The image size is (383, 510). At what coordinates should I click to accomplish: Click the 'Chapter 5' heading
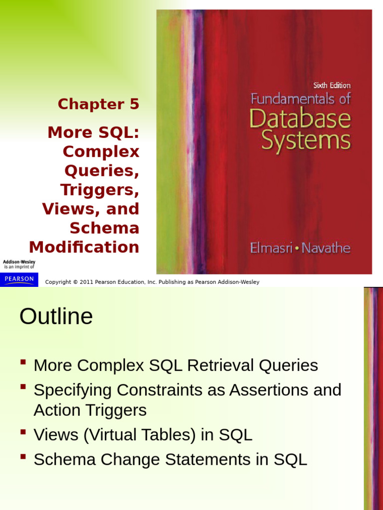pos(98,104)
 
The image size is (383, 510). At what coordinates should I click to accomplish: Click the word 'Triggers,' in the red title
pos(100,190)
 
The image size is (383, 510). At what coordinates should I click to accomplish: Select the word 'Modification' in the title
pos(84,247)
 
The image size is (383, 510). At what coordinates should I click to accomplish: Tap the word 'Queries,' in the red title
pos(102,171)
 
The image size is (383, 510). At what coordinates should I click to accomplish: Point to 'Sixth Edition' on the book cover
pos(332,85)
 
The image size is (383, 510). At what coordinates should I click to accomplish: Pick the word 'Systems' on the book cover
pos(306,140)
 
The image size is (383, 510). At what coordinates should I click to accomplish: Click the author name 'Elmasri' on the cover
pos(271,248)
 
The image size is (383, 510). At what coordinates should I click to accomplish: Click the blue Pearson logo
pos(19,279)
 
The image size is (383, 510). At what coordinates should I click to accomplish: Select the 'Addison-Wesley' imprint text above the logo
pos(19,262)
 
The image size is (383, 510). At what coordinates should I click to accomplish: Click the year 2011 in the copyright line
pos(86,282)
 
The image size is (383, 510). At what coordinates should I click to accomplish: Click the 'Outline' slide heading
pos(56,316)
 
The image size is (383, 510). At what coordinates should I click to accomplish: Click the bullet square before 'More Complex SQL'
pos(23,362)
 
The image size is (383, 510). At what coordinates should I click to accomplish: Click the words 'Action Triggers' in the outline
pos(90,410)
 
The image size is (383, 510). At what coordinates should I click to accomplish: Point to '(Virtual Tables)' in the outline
pos(140,434)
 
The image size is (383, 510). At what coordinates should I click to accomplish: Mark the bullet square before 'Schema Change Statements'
pos(23,456)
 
